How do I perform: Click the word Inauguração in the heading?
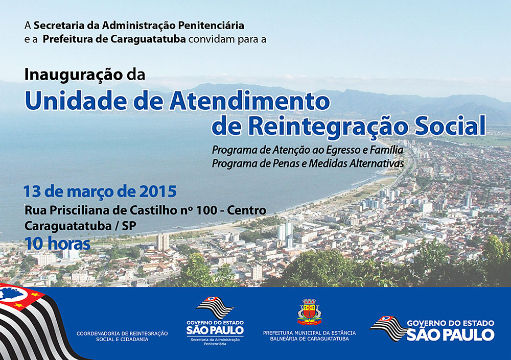click(x=74, y=75)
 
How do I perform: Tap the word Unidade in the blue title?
click(x=76, y=101)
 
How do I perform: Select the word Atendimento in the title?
click(x=250, y=101)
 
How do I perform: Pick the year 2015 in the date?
click(x=158, y=191)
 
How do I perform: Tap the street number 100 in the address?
click(x=206, y=210)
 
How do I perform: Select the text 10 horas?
click(x=57, y=244)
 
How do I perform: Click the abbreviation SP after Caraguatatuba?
click(x=129, y=226)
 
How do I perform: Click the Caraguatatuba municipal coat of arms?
click(x=309, y=312)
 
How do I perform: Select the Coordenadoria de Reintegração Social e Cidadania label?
click(x=122, y=336)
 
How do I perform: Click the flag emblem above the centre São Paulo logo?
click(x=215, y=307)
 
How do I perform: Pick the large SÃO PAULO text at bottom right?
click(x=451, y=334)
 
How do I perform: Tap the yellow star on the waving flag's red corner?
click(x=19, y=305)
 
